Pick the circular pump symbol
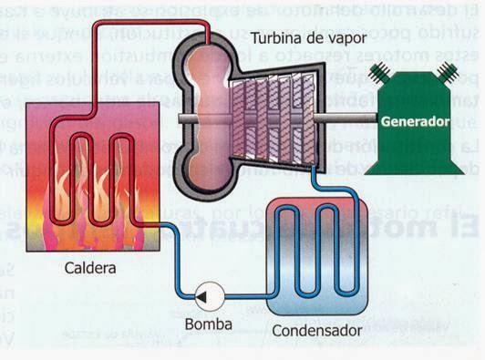pyautogui.click(x=208, y=295)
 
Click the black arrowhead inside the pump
pyautogui.click(x=206, y=295)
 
